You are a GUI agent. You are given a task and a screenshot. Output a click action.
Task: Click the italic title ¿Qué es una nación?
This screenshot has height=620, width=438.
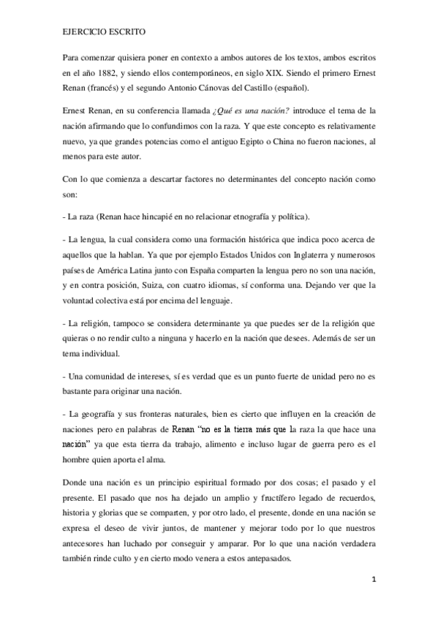click(250, 111)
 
